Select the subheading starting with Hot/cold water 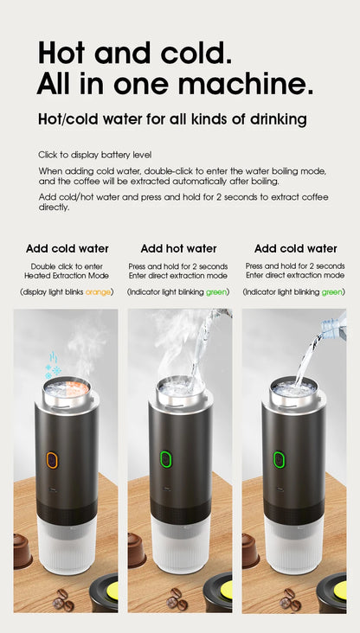click(x=171, y=118)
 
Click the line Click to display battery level click(x=94, y=155)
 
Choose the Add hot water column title click(x=178, y=248)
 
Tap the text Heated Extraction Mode click(x=67, y=275)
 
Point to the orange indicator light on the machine click(x=51, y=461)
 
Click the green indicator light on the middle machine click(x=165, y=460)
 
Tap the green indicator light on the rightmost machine click(x=280, y=460)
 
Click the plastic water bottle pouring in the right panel click(x=332, y=328)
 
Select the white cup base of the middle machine click(x=180, y=545)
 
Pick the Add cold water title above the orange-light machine click(x=67, y=248)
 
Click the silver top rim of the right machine click(x=294, y=393)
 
